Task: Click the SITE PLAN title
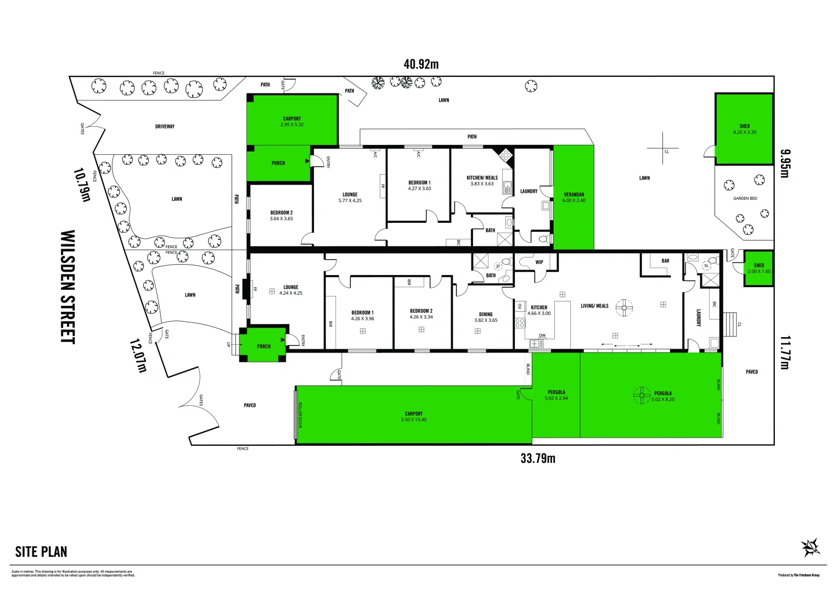point(41,552)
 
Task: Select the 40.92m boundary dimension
point(421,64)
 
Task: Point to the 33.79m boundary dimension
point(538,458)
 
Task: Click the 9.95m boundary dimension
point(785,163)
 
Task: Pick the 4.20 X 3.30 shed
point(744,129)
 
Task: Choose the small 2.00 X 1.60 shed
point(758,268)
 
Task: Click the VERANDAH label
point(573,197)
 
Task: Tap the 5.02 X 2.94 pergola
point(556,395)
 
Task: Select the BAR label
point(665,261)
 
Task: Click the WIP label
point(539,262)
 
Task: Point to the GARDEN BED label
point(745,198)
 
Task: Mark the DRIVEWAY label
point(165,127)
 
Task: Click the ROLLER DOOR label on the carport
point(300,415)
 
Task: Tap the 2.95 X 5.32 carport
point(292,121)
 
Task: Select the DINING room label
point(486,315)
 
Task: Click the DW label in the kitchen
point(542,335)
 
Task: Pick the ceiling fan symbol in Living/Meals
point(624,307)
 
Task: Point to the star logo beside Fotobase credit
point(811,547)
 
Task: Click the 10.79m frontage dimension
point(81,185)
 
